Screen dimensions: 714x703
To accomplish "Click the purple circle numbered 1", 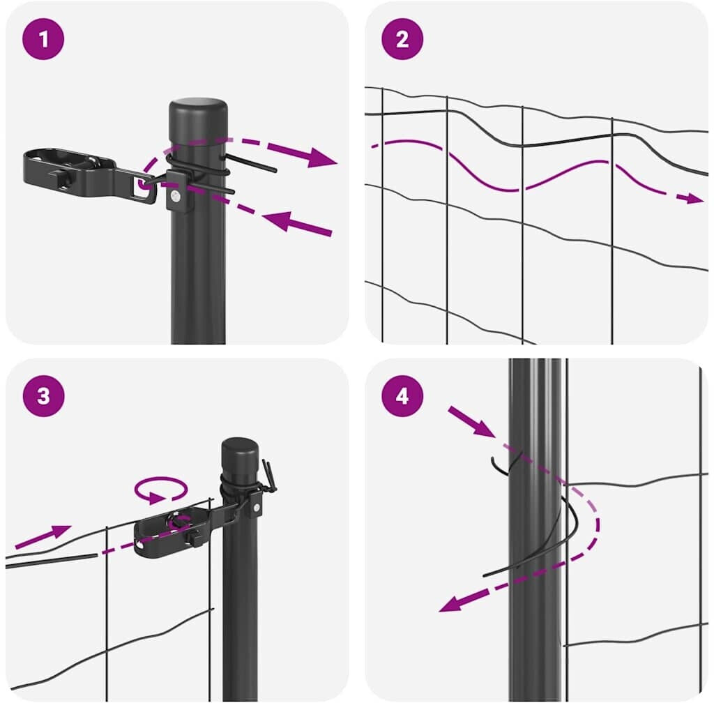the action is [x=43, y=38].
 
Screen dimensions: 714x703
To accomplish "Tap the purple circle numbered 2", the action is [x=402, y=38].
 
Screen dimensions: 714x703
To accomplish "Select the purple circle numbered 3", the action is [x=43, y=395].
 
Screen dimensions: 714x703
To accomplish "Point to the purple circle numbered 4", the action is [x=402, y=395].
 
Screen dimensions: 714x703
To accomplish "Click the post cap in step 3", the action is [x=240, y=456].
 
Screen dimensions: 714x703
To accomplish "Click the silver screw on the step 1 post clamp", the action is [x=174, y=197].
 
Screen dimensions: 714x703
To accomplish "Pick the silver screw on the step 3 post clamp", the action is [x=257, y=508].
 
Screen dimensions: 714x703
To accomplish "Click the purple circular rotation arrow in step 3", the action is [x=161, y=490].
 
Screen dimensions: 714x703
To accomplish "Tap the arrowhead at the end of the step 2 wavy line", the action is [x=695, y=198].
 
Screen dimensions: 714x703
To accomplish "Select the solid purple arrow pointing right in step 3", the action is [x=43, y=536].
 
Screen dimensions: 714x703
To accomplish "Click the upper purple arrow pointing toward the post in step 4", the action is [x=471, y=422].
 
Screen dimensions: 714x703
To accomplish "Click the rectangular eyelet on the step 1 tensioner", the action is [x=145, y=187].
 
